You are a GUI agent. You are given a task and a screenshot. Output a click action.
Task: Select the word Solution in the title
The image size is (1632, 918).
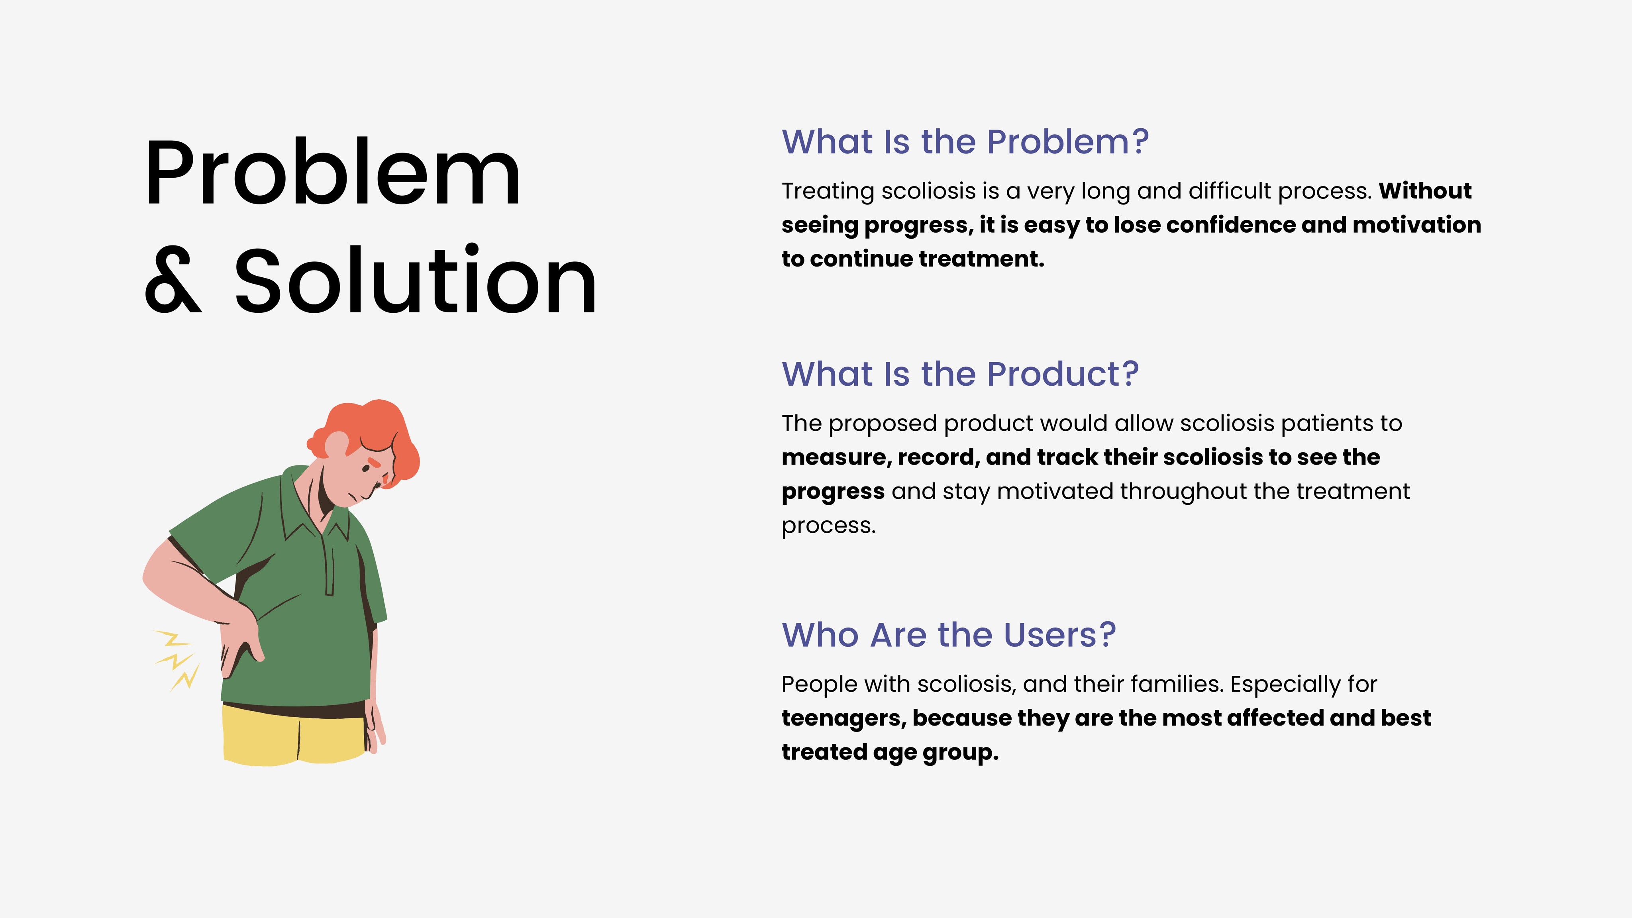pos(416,279)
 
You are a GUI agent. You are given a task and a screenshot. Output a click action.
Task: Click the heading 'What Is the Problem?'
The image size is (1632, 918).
pos(965,142)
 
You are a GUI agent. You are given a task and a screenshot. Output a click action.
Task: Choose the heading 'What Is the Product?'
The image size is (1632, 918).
pos(960,374)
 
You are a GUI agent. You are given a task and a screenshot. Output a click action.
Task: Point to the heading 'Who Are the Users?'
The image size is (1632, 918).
pos(948,635)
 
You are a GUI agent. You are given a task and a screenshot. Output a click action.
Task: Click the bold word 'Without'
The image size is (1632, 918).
pos(1425,191)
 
